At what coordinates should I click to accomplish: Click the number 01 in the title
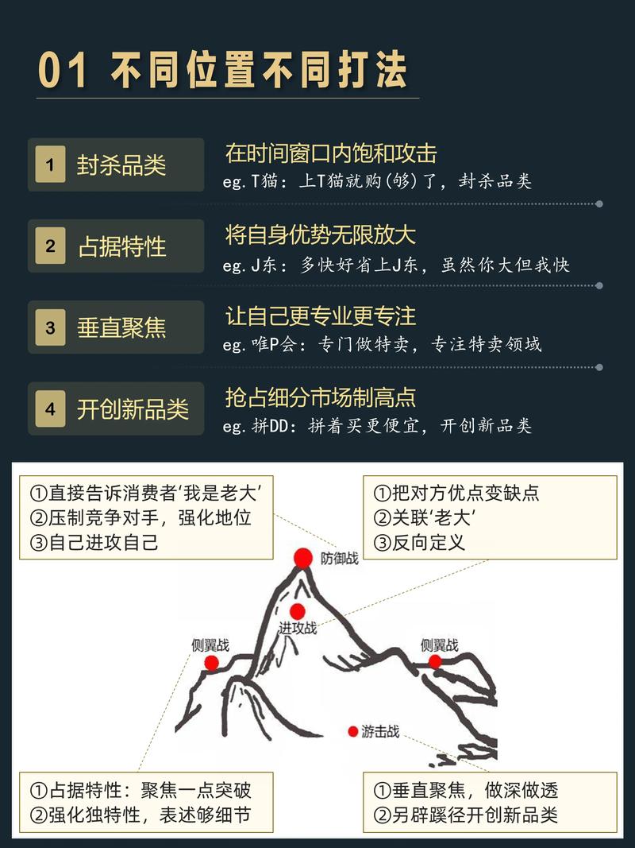(63, 70)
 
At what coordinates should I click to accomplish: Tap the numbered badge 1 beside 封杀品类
(51, 165)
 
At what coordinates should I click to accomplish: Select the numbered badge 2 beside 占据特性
(51, 246)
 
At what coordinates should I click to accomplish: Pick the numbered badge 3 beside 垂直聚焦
(51, 327)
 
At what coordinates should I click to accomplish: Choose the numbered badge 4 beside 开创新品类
(51, 409)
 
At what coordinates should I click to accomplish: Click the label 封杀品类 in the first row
(121, 165)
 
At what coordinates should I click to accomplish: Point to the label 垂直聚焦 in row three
(121, 327)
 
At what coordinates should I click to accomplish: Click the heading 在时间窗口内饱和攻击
(331, 153)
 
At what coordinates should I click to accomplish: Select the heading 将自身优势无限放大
(321, 234)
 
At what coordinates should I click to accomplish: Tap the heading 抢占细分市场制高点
(321, 397)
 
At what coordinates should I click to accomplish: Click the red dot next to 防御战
(302, 559)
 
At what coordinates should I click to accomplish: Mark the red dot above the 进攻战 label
(298, 611)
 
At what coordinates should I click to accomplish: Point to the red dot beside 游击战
(353, 731)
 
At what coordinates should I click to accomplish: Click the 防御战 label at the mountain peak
(340, 558)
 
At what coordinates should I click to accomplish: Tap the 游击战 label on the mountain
(380, 732)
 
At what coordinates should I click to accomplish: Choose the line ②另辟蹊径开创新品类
(466, 815)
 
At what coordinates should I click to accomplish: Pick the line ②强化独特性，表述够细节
(140, 815)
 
